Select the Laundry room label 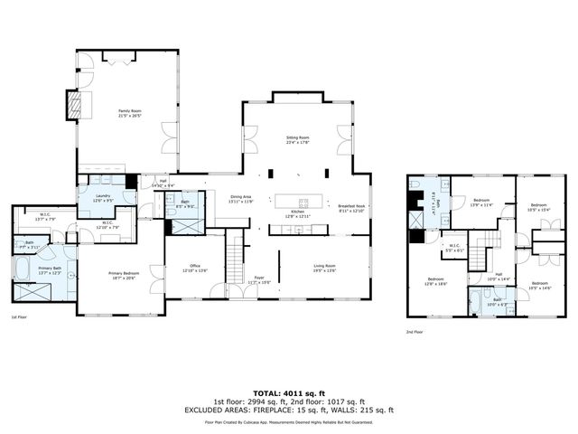102,199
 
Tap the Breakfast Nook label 351,207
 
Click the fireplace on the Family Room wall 73,104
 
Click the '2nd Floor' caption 414,332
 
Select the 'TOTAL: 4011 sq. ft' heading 288,392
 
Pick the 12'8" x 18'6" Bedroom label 436,281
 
